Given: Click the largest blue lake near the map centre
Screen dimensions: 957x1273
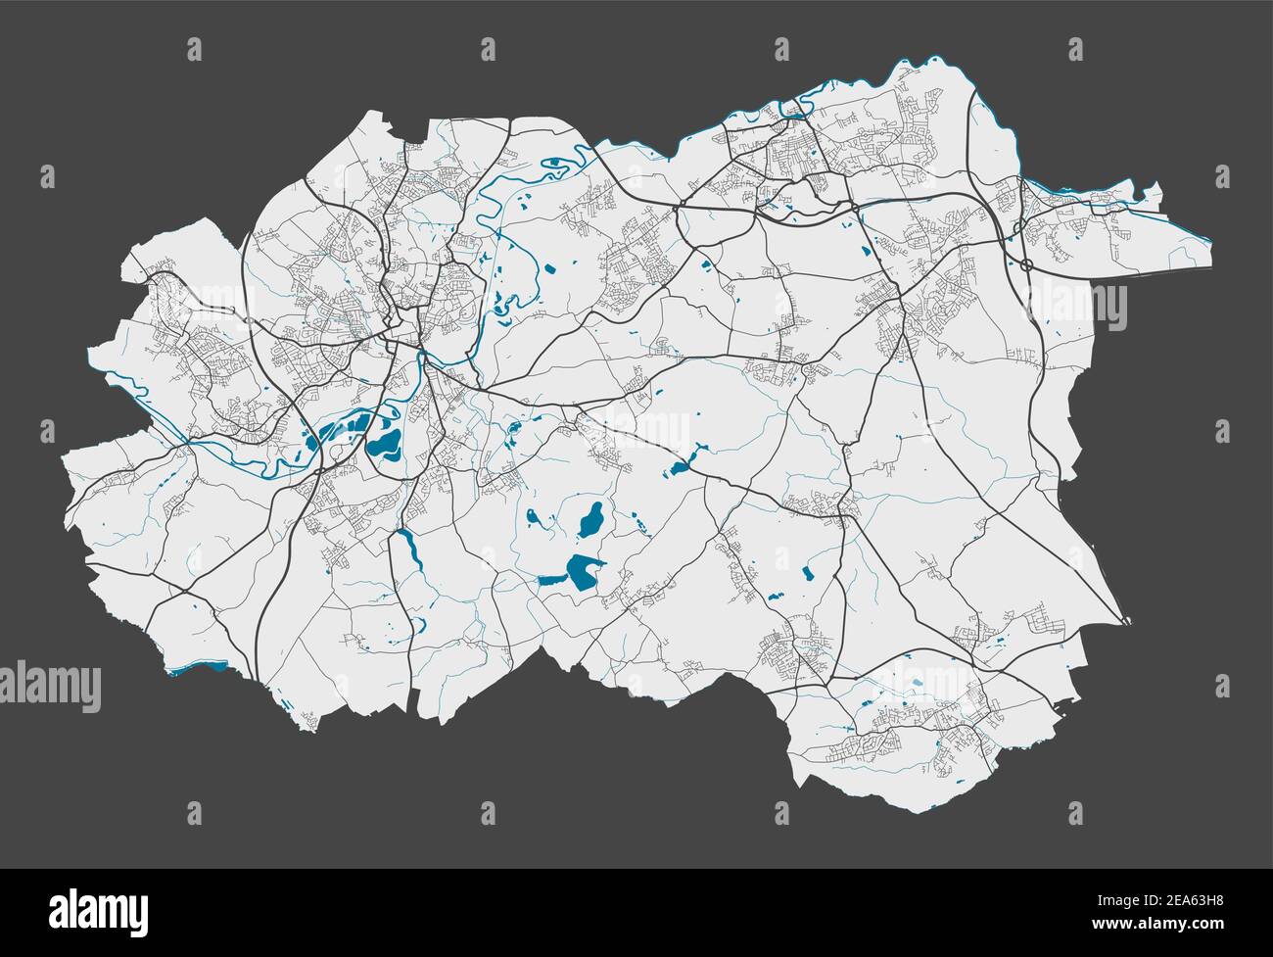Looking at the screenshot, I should pos(578,574).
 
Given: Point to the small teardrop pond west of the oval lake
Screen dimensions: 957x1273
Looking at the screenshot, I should pos(532,515).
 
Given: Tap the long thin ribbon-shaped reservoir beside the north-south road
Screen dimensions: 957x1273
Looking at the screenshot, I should pos(409,551).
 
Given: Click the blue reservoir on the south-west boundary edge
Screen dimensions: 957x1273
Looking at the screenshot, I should pos(199,668).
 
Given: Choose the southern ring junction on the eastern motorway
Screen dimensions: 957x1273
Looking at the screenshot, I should pos(1025,265).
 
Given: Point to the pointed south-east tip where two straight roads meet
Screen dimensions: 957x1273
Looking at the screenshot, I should pos(1127,621).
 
